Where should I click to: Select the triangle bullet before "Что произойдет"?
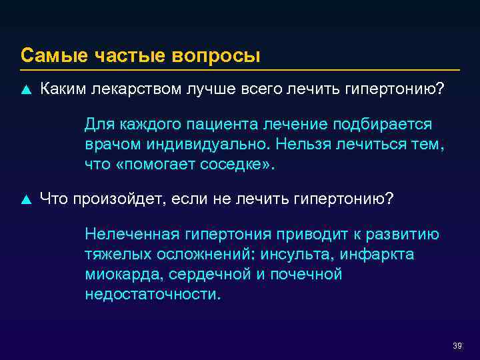point(26,198)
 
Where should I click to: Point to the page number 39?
point(457,345)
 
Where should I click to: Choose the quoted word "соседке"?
point(235,165)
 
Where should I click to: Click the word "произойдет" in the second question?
point(125,198)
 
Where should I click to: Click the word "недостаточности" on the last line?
point(152,294)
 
